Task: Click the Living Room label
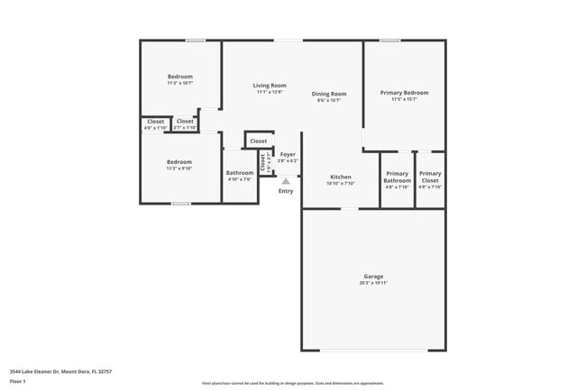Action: (x=270, y=85)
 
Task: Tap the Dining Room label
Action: (x=329, y=94)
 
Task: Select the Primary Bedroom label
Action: (x=404, y=93)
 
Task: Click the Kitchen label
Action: (x=340, y=176)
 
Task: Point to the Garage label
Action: (x=373, y=276)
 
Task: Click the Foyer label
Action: (x=288, y=154)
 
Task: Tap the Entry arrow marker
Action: (x=286, y=181)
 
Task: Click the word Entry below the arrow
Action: (x=286, y=191)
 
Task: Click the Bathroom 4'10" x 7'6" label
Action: (x=240, y=173)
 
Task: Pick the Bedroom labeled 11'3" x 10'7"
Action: (x=180, y=77)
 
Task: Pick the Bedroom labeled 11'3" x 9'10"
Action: (x=179, y=161)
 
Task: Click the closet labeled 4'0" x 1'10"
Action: (x=156, y=121)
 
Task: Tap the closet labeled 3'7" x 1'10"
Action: (x=185, y=121)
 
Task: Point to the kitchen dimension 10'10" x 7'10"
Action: (x=341, y=183)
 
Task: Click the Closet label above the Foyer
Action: (x=259, y=141)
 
